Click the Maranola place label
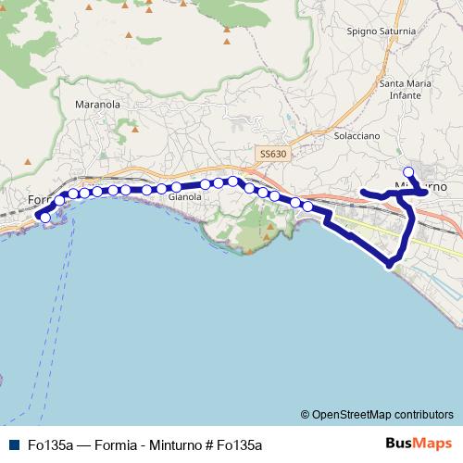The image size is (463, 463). click(x=97, y=105)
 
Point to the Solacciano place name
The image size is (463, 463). click(x=357, y=135)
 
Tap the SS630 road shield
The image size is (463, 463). click(x=273, y=154)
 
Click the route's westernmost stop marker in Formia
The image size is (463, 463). click(x=44, y=218)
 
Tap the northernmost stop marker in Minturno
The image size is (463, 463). click(x=408, y=171)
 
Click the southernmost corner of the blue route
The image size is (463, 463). click(x=391, y=266)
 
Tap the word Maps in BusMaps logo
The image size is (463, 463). click(x=431, y=444)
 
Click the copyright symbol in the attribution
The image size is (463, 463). click(x=306, y=415)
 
